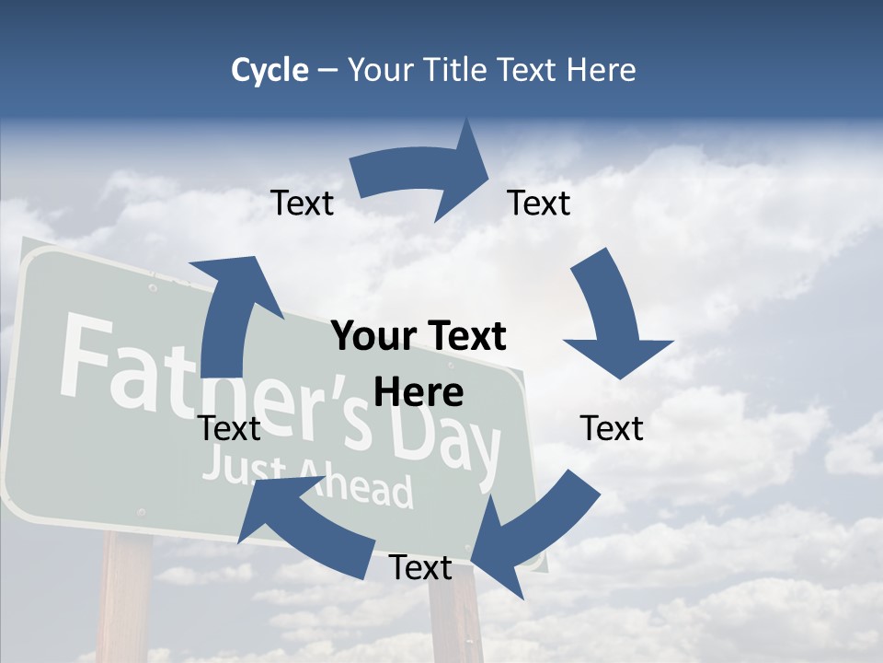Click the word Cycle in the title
point(269,70)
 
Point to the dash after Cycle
point(328,71)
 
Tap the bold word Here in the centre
point(419,393)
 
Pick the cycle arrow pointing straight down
point(612,318)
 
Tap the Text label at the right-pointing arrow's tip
point(539,204)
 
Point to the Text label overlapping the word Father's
point(230,428)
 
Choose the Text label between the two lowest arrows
point(420,568)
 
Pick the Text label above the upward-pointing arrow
point(303,204)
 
